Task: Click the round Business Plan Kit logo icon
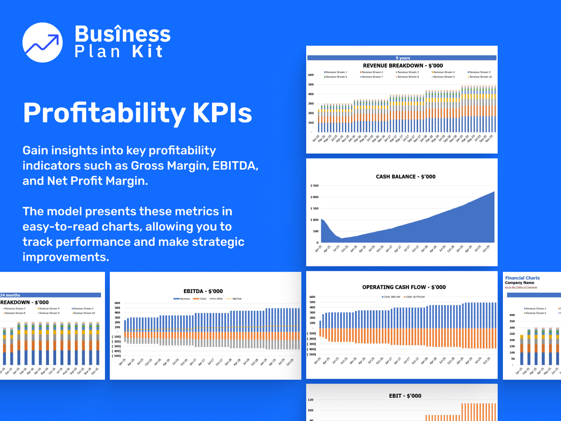point(42,42)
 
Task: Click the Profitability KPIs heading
point(137,113)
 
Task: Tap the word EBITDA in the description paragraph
point(235,165)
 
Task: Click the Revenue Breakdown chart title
point(402,65)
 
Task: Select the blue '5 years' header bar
point(402,58)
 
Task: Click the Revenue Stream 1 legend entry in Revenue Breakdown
point(335,72)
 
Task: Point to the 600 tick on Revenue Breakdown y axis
point(311,75)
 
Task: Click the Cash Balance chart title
point(405,176)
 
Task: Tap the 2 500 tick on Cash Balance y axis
point(314,186)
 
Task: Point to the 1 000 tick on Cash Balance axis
point(314,220)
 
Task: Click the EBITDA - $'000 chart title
point(203,291)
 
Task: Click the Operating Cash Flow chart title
point(404,287)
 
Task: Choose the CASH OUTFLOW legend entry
point(414,297)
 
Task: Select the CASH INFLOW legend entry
point(391,297)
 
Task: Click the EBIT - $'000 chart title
point(405,396)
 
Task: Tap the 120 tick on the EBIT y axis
point(310,400)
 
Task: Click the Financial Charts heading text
point(522,278)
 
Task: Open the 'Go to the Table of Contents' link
point(521,287)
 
